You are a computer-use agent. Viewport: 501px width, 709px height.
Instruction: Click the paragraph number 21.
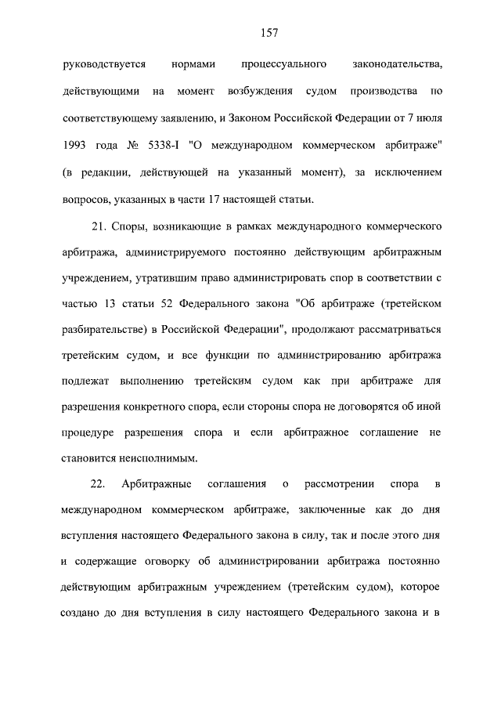(99, 228)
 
